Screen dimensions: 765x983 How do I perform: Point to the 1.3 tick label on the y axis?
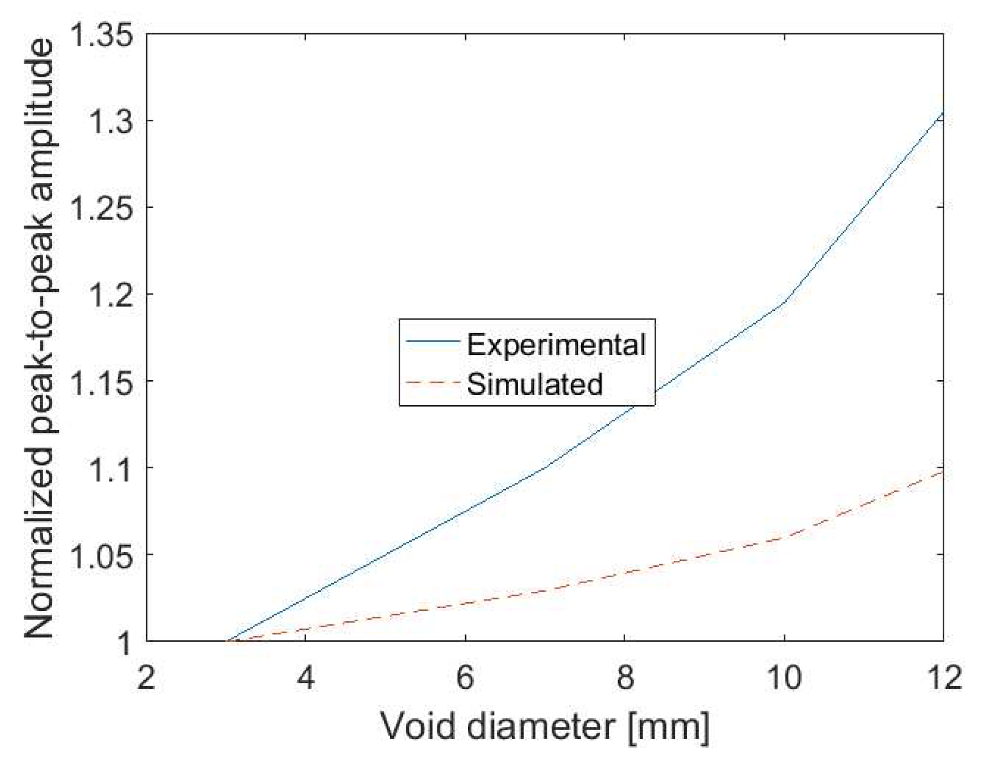pyautogui.click(x=111, y=121)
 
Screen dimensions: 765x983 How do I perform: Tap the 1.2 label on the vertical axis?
pyautogui.click(x=111, y=294)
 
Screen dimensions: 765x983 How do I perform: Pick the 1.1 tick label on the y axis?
pyautogui.click(x=111, y=467)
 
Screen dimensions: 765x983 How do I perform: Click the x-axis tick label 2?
pyautogui.click(x=146, y=678)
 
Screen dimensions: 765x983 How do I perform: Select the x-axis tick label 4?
pyautogui.click(x=306, y=678)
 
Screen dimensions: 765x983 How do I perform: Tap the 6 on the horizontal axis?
pyautogui.click(x=465, y=678)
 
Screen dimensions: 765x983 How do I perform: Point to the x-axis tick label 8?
pyautogui.click(x=625, y=678)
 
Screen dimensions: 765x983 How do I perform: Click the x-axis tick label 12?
pyautogui.click(x=942, y=678)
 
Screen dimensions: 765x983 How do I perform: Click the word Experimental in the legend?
pyautogui.click(x=556, y=345)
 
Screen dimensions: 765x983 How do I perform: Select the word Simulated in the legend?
pyautogui.click(x=535, y=384)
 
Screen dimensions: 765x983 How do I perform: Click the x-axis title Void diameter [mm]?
pyautogui.click(x=545, y=727)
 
